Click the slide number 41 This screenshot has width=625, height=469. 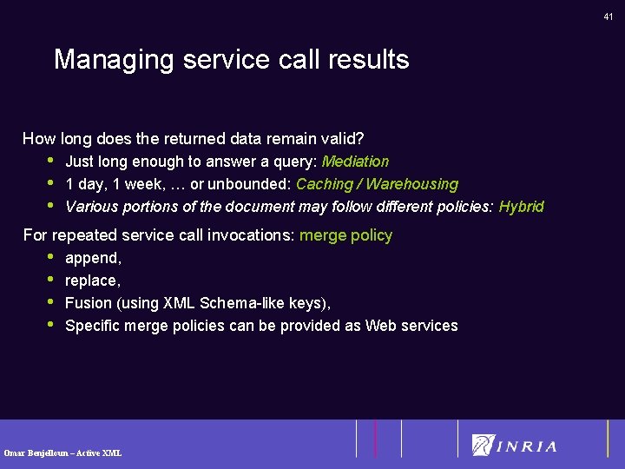coord(609,17)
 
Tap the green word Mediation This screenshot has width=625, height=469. coord(355,162)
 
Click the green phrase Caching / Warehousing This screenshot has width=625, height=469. coord(377,184)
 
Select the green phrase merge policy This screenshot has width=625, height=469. coord(345,235)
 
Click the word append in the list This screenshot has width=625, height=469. coord(92,259)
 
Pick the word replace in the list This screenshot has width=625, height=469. coord(91,281)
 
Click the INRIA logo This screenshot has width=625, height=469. coord(515,446)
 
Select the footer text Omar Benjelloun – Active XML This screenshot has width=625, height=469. coord(62,453)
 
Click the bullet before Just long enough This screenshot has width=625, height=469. coord(50,160)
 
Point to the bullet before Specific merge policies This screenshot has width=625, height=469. coord(50,325)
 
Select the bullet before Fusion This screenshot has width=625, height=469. coord(50,302)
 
